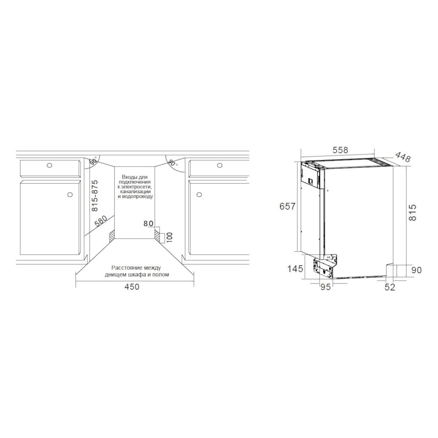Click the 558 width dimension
click(x=340, y=150)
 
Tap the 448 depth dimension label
click(x=403, y=157)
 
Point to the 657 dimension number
click(x=287, y=207)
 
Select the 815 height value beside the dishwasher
click(x=412, y=212)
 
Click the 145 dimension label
click(x=295, y=269)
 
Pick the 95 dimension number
click(x=325, y=287)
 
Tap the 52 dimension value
click(x=390, y=287)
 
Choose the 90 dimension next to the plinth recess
click(x=416, y=270)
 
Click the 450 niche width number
click(x=132, y=287)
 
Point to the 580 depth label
click(x=101, y=221)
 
